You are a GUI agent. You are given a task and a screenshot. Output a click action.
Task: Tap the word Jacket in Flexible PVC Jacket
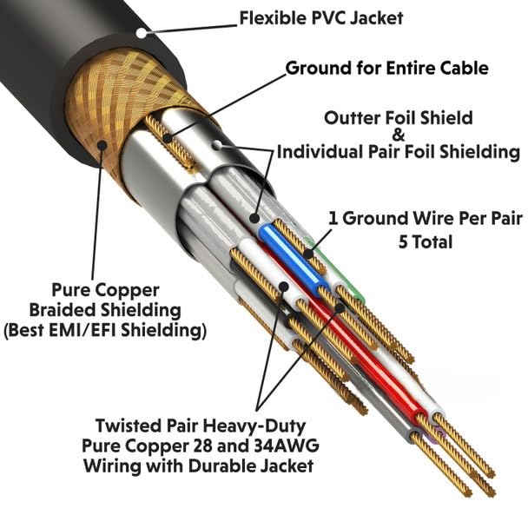pos(376,18)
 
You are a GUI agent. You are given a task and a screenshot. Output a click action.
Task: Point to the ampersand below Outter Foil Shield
pos(399,135)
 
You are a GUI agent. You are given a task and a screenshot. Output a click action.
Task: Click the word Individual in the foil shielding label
pos(320,151)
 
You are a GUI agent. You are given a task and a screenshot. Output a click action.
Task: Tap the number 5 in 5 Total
pos(404,241)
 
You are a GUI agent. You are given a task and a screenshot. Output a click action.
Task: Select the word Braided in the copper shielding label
pos(63,310)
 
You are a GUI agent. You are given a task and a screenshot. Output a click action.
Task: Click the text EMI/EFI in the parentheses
pos(82,330)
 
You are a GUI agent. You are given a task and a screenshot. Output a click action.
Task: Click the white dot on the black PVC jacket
pos(142,33)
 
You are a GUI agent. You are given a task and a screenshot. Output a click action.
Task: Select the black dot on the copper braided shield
pos(102,145)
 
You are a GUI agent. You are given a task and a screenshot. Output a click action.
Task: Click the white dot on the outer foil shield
pos(217,145)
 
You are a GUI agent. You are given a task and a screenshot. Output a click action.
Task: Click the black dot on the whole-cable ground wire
pos(167,138)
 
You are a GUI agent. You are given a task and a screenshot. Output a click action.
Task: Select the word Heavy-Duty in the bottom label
pos(255,426)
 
